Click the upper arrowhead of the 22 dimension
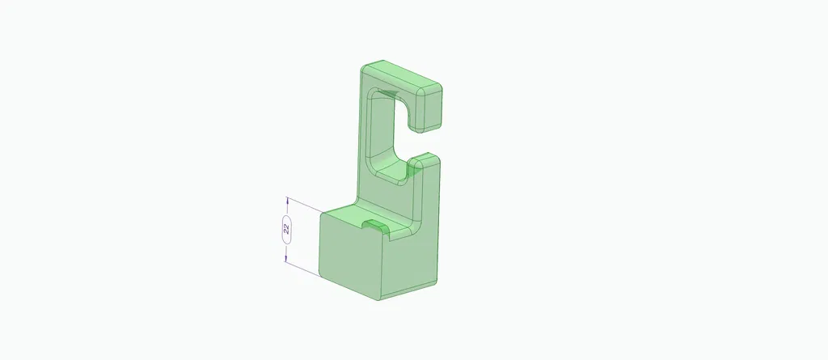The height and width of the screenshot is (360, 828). pyautogui.click(x=286, y=201)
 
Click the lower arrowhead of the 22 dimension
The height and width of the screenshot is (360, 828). pyautogui.click(x=286, y=257)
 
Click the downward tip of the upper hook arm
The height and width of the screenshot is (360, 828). pyautogui.click(x=429, y=128)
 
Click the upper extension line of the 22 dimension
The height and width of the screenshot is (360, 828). pyautogui.click(x=303, y=205)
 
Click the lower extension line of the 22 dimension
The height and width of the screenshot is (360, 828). pyautogui.click(x=303, y=267)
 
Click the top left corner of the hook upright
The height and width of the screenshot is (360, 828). pyautogui.click(x=361, y=68)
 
